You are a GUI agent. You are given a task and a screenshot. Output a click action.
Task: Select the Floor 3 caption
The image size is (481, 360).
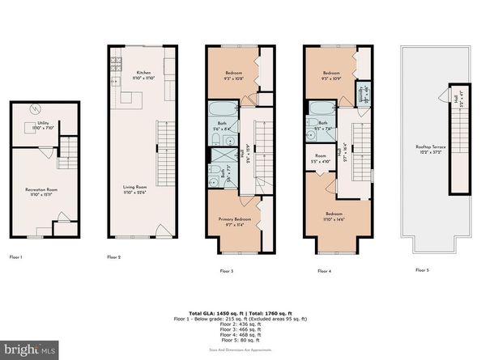click(x=227, y=271)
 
